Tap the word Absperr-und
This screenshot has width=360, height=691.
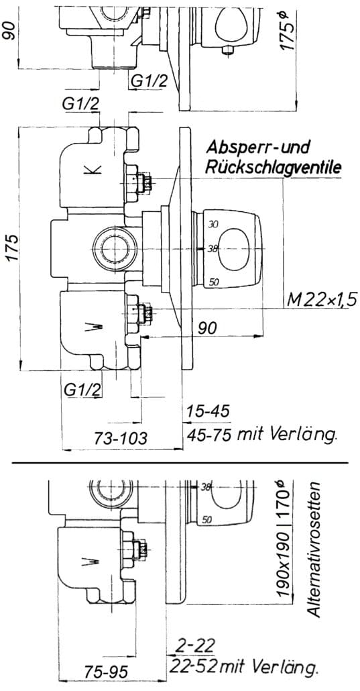coord(259,146)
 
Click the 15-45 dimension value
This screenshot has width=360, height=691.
coord(208,412)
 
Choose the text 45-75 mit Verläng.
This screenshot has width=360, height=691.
coord(261,435)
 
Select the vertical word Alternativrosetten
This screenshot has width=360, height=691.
coord(314,549)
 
